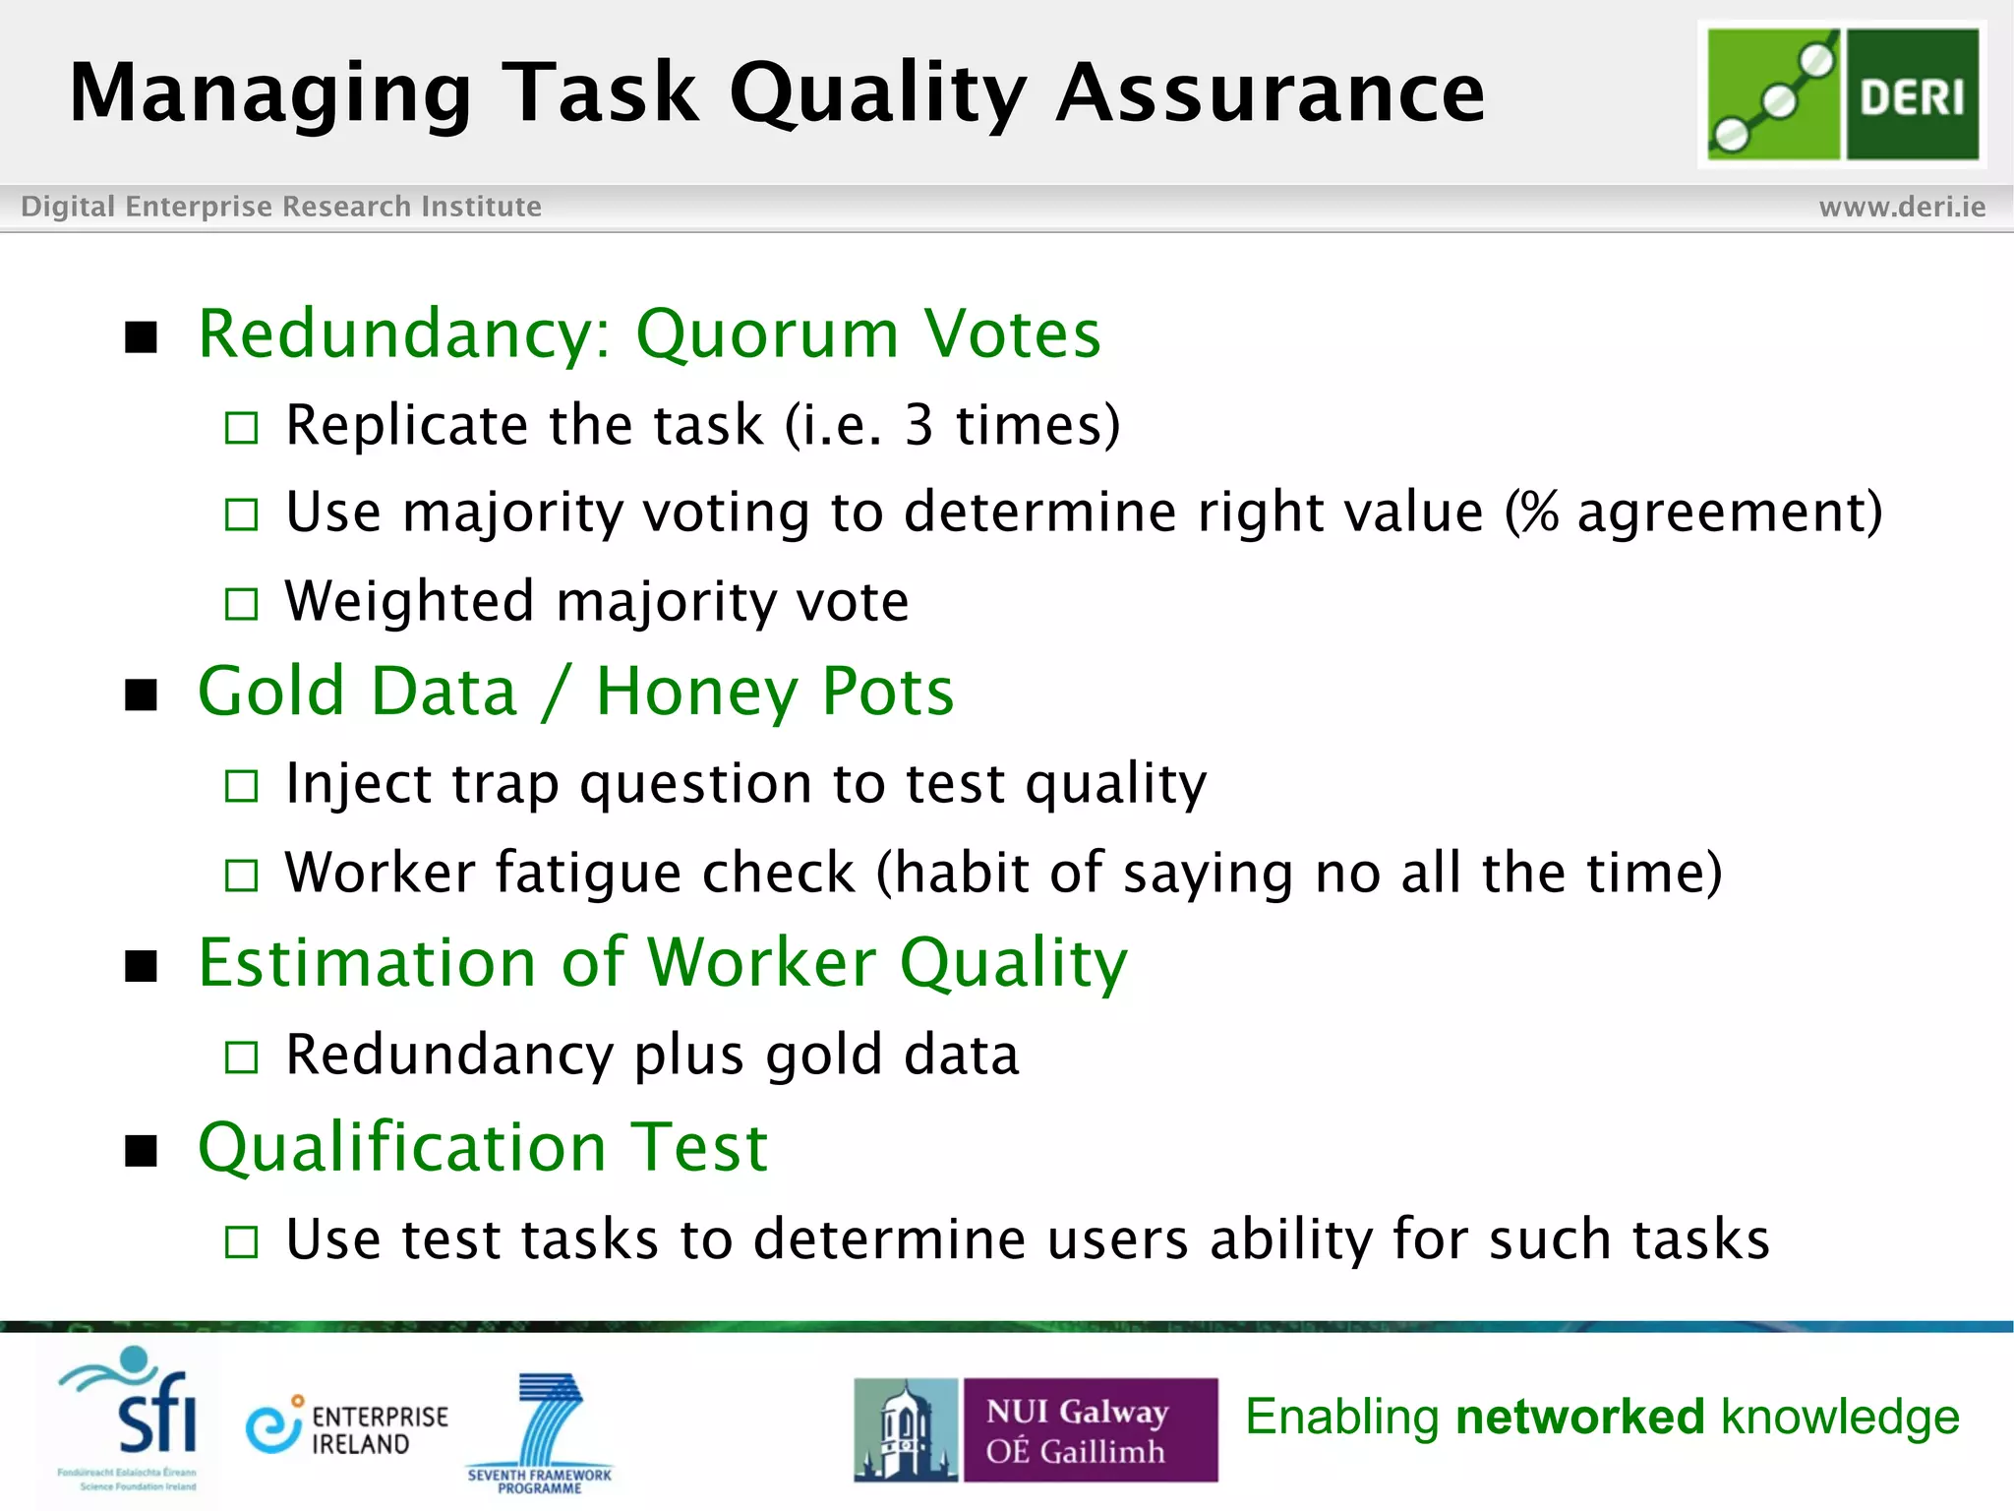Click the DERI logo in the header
(x=1842, y=94)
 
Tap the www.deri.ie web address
(x=1902, y=207)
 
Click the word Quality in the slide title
(x=877, y=94)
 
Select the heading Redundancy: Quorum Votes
(x=649, y=334)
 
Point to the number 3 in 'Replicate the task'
(x=918, y=426)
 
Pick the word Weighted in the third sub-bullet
(x=410, y=601)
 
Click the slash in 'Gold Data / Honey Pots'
(x=556, y=692)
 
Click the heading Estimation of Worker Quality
(x=663, y=962)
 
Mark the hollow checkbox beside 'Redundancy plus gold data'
(x=241, y=1058)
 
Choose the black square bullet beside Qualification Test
(x=142, y=1150)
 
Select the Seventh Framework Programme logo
(x=541, y=1431)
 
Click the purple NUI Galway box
(x=1090, y=1429)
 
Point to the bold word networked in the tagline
(x=1579, y=1418)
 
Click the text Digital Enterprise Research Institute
(x=281, y=207)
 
